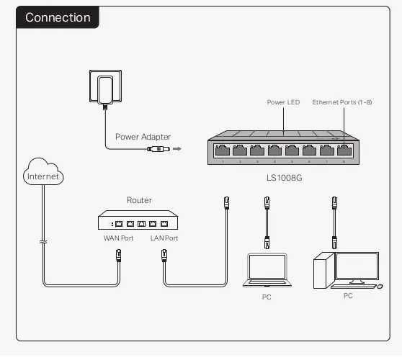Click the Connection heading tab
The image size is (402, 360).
tap(58, 17)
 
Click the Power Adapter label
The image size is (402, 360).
tap(143, 137)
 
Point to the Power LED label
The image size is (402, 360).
tap(283, 102)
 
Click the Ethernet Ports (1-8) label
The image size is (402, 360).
tap(342, 102)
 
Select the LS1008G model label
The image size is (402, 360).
tap(282, 176)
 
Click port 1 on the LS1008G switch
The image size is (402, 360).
tap(224, 151)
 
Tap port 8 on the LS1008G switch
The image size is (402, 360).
tap(344, 151)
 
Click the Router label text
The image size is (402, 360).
tap(139, 200)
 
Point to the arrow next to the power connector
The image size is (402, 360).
tap(177, 150)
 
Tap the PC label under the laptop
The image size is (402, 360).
tap(267, 297)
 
